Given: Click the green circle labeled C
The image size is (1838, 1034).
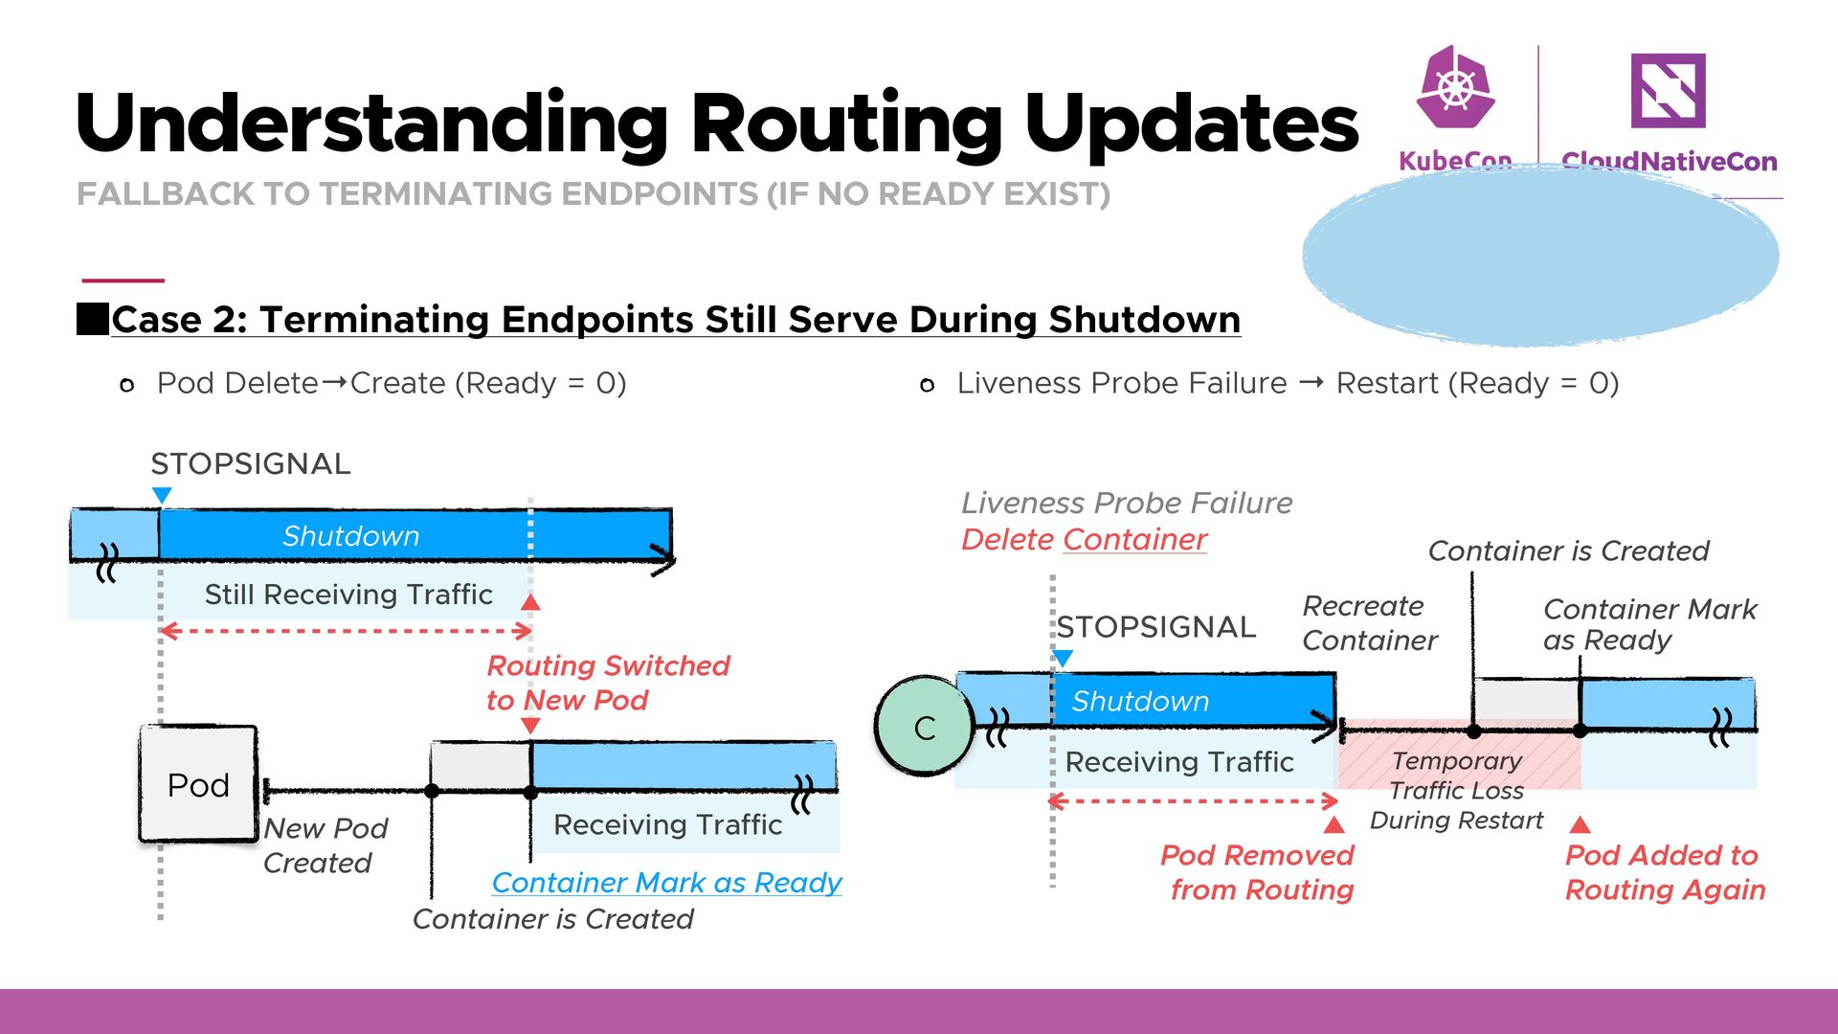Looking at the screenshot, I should point(923,727).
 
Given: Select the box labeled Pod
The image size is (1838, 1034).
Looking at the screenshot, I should point(198,784).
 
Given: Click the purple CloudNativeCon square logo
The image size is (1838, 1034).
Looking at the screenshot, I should point(1668,91).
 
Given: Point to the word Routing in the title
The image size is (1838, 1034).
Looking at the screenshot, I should point(846,123).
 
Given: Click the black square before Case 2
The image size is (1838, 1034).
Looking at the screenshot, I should point(93,320).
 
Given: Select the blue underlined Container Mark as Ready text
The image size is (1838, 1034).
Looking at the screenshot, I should point(666,883).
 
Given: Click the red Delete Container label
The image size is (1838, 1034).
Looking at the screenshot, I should point(1084,540).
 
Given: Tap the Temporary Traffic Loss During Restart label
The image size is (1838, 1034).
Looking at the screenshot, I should point(1456,790).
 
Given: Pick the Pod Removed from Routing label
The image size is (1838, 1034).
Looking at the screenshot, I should point(1258,872).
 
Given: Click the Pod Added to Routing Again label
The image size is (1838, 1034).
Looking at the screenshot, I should point(1665,872).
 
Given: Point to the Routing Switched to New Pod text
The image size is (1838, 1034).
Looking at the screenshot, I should point(608,683).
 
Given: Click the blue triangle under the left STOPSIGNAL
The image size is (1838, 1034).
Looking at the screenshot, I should point(162,495).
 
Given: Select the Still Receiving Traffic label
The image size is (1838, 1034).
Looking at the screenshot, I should point(348,595).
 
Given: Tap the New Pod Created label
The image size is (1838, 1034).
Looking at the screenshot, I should point(325,845).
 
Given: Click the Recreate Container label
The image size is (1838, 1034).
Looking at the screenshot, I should point(1369,623).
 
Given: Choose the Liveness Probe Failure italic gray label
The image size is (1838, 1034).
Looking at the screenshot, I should point(1127,504).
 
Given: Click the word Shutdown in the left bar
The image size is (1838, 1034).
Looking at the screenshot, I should point(350,536).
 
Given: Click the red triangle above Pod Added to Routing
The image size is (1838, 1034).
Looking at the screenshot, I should point(1580,824).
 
